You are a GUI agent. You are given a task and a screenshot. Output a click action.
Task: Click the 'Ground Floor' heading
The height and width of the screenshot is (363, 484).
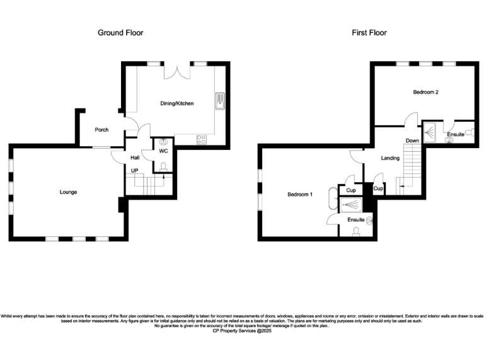coord(120,33)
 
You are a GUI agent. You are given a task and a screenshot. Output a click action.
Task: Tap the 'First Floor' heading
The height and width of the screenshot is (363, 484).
coord(369,33)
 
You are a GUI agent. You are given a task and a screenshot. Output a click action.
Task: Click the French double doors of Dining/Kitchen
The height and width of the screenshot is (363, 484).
coord(176,71)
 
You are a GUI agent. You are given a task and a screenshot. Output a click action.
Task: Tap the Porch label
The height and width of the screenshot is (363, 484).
coord(101,130)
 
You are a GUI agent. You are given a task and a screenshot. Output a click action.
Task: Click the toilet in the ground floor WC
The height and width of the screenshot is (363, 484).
coord(163,166)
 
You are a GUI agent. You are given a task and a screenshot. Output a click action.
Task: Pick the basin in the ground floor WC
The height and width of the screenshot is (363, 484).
coord(164,143)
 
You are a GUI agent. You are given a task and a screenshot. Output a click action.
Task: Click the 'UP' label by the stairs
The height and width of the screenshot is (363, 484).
coord(134,171)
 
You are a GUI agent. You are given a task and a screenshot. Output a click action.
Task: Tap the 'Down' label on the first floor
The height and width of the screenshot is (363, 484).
coord(412,141)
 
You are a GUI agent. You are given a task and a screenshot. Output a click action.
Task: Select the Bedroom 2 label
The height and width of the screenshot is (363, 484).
coord(425,92)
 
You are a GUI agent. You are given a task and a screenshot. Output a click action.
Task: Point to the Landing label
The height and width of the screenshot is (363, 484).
coord(390,158)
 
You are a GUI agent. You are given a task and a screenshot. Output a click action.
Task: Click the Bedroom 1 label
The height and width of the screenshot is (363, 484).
coord(300,194)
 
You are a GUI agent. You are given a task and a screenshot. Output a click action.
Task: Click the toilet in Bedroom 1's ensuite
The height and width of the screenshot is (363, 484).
coord(357,231)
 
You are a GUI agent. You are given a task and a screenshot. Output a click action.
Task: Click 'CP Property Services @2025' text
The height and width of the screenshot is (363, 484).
coord(241,330)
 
